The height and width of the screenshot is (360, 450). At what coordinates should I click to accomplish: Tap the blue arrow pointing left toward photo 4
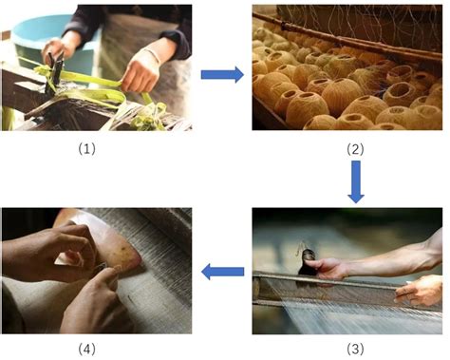[223, 274]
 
